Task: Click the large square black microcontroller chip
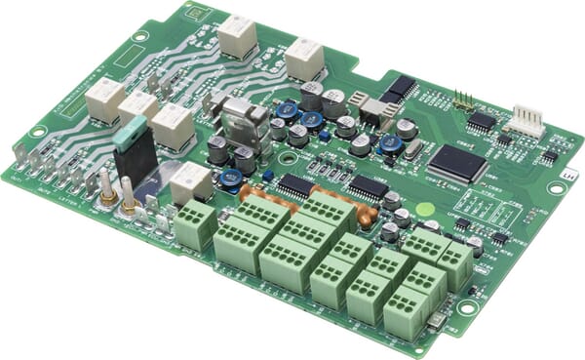tap(457, 163)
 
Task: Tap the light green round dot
tap(424, 208)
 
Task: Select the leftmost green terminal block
tap(195, 224)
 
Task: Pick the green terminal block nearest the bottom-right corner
tap(405, 313)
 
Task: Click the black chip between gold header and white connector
tap(481, 120)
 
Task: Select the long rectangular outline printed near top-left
tap(128, 58)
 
